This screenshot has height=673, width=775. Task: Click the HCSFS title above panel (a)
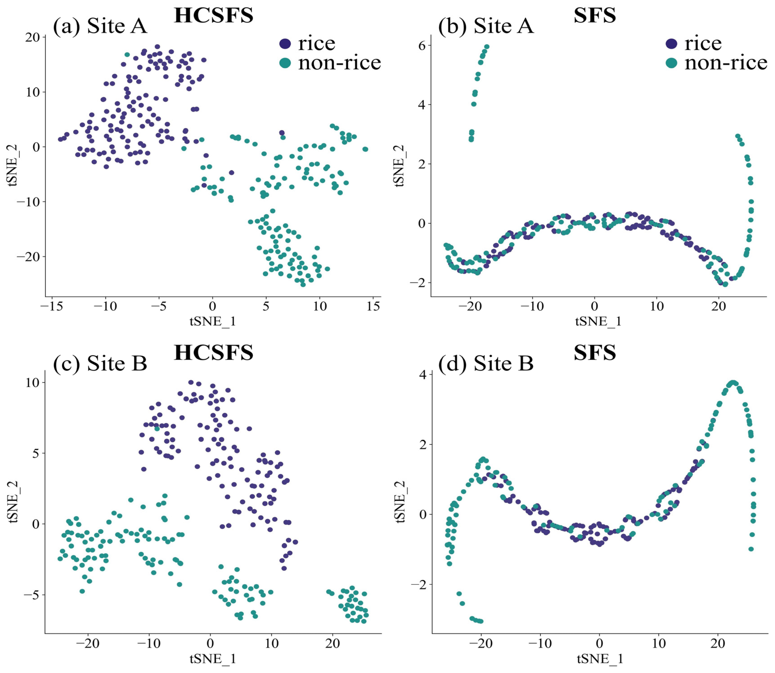coord(214,16)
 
